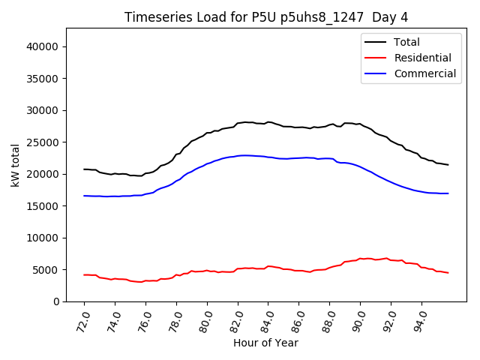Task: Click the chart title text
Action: [266, 16]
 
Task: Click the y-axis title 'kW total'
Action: [16, 165]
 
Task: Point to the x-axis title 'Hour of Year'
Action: [265, 343]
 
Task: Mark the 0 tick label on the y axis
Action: [57, 301]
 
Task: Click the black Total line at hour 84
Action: [268, 122]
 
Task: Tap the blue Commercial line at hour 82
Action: [238, 155]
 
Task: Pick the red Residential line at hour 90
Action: [361, 259]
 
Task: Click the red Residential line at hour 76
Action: [145, 281]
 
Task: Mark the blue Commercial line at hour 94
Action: [422, 192]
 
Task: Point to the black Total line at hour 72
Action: [84, 169]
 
